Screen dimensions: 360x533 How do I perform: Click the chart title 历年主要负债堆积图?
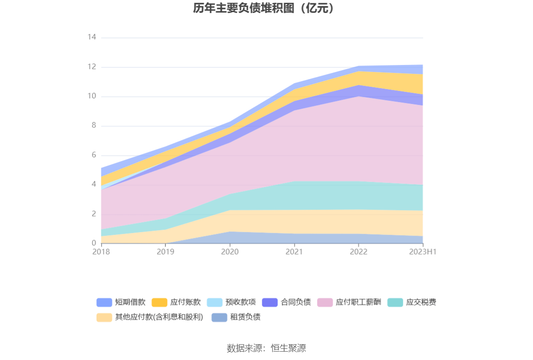point(264,8)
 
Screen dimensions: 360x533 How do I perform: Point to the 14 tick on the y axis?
point(91,37)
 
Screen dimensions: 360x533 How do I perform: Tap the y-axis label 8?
point(93,125)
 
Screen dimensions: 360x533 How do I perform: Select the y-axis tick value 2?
point(93,214)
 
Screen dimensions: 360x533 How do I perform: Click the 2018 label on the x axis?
point(101,251)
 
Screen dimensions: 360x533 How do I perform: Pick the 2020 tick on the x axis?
point(230,251)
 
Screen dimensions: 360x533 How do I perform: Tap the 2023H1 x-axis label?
point(422,251)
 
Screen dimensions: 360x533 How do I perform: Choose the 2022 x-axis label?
point(358,251)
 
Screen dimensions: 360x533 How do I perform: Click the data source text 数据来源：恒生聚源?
point(266,348)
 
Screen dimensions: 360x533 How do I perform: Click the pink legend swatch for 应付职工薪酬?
point(325,302)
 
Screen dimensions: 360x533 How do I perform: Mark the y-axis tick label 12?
point(91,67)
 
